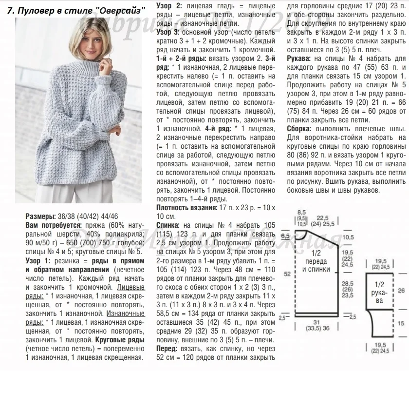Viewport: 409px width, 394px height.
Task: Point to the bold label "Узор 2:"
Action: (x=169, y=5)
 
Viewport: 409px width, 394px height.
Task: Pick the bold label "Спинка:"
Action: (x=168, y=225)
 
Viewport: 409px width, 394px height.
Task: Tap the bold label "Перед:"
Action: (x=168, y=348)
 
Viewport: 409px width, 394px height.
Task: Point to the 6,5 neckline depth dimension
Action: (x=285, y=236)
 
